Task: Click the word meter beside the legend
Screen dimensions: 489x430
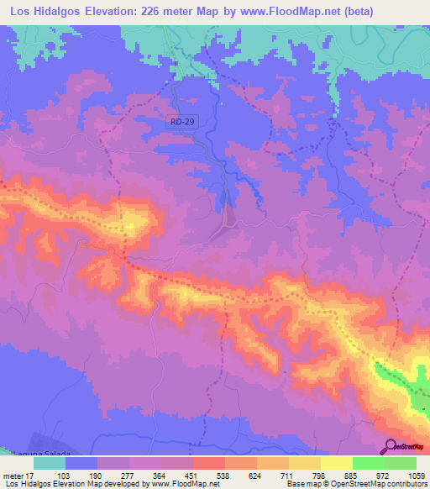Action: (x=13, y=476)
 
